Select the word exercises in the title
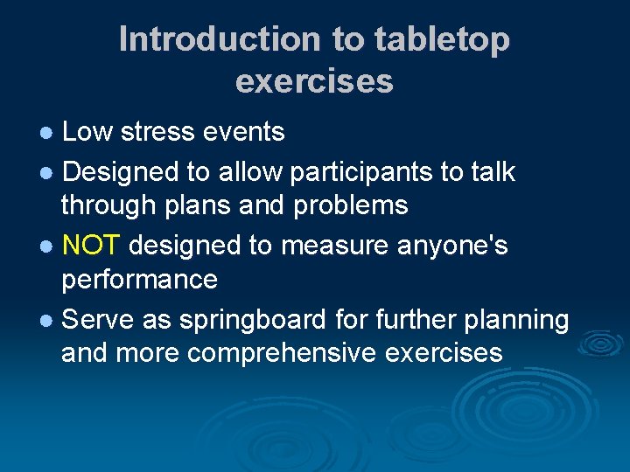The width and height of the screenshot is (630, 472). coord(314,81)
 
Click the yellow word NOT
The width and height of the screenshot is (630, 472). coord(92,246)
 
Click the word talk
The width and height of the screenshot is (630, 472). coord(492,171)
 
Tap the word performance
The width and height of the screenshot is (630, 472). coord(139,280)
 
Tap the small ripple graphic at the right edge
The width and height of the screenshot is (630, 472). coord(600,344)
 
